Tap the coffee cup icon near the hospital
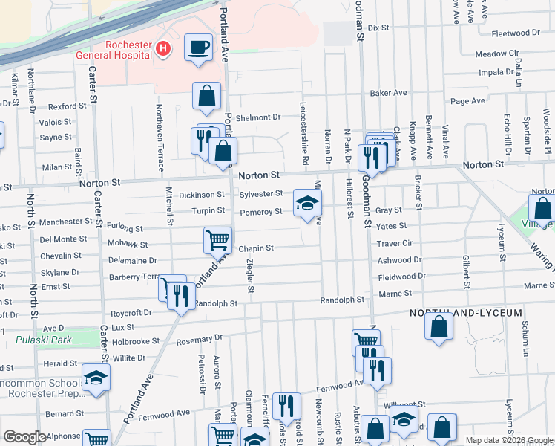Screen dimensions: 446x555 pyautogui.click(x=198, y=48)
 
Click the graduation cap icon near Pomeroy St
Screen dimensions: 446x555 pyautogui.click(x=308, y=203)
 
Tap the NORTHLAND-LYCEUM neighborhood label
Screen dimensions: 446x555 pyautogui.click(x=466, y=313)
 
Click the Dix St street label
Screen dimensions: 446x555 pyautogui.click(x=378, y=28)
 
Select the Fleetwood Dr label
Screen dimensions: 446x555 pyautogui.click(x=516, y=33)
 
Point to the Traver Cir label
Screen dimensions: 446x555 pyautogui.click(x=394, y=243)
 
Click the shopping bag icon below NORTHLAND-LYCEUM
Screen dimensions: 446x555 pyautogui.click(x=440, y=327)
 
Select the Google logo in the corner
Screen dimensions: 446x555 pyautogui.click(x=24, y=437)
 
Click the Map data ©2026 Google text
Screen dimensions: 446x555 pyautogui.click(x=508, y=440)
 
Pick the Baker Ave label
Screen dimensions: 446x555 pyautogui.click(x=389, y=93)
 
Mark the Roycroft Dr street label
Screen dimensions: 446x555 pyautogui.click(x=131, y=313)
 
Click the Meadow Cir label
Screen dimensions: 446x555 pyautogui.click(x=497, y=54)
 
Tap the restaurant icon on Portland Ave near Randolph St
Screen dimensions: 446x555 pyautogui.click(x=181, y=297)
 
